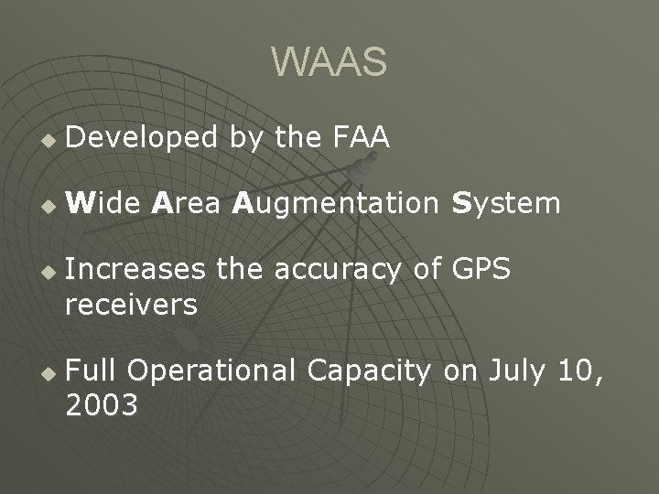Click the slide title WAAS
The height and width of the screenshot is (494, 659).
pos(329,62)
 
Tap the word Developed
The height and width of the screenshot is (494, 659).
pos(142,139)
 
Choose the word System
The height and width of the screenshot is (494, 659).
pos(506,204)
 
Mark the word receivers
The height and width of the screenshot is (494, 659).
pos(131,304)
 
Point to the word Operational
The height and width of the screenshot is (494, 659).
pos(212,371)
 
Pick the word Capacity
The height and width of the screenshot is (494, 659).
pos(370,371)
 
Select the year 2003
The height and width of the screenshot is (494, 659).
pos(102,404)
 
